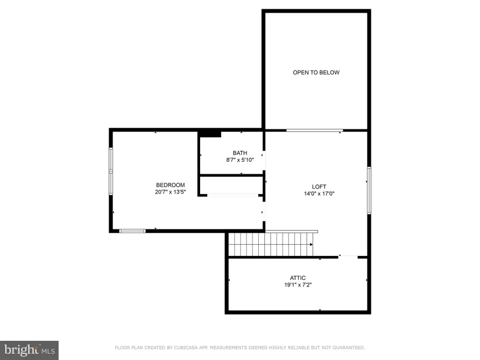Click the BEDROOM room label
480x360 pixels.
(x=170, y=185)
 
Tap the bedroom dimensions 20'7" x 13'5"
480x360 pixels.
(x=170, y=192)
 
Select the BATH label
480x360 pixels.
(x=240, y=153)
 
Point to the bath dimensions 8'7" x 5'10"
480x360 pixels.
(x=240, y=160)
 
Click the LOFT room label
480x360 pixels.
(x=319, y=187)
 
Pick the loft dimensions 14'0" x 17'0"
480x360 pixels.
(x=319, y=193)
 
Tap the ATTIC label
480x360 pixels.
(x=298, y=278)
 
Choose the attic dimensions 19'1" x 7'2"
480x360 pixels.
(x=298, y=285)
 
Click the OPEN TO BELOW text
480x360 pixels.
(x=316, y=72)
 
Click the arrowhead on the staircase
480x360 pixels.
(x=312, y=244)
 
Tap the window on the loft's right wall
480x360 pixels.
(x=369, y=190)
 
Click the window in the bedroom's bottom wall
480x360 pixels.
(x=132, y=231)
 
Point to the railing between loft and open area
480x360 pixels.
(x=314, y=131)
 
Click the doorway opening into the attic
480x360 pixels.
(x=348, y=257)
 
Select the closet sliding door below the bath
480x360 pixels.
(x=233, y=195)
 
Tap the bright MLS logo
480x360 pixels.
(x=29, y=350)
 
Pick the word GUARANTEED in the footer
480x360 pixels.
(x=348, y=348)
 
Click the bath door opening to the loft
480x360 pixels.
(x=264, y=160)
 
